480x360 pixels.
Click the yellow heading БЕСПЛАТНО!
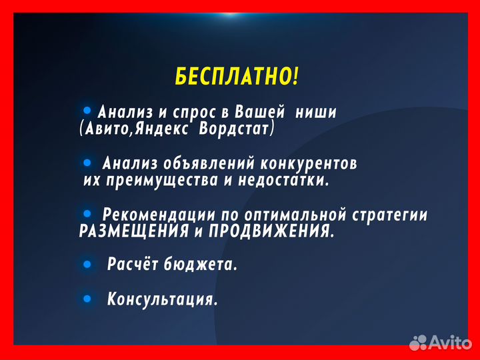tap(237, 77)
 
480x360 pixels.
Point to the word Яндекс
tap(160, 128)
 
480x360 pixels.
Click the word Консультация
tap(163, 299)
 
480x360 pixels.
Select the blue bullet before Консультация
tap(87, 299)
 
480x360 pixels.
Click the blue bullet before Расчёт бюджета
tap(87, 265)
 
